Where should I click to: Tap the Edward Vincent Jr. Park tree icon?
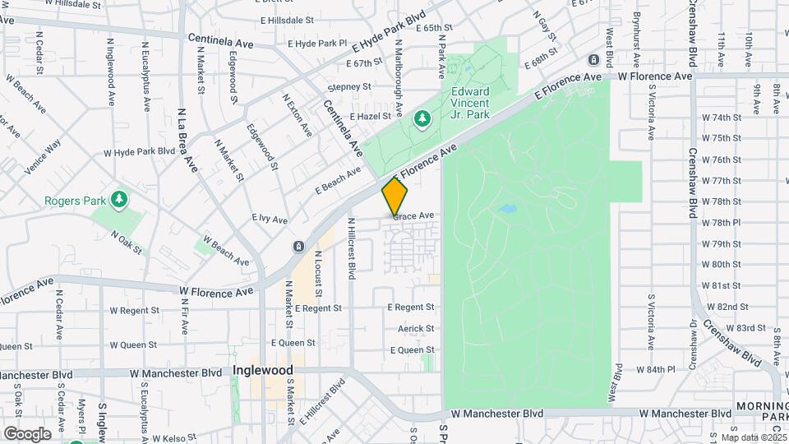click(x=423, y=120)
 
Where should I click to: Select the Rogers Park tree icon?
click(x=119, y=199)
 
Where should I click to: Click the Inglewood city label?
click(x=263, y=371)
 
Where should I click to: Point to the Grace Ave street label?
click(x=413, y=216)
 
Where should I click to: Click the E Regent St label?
click(x=411, y=308)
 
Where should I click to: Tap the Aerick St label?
click(x=416, y=329)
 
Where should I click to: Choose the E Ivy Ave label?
click(x=270, y=220)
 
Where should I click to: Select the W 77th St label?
click(x=722, y=181)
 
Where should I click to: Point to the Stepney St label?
click(x=349, y=86)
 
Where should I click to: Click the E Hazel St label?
click(x=373, y=118)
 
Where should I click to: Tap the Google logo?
click(x=26, y=433)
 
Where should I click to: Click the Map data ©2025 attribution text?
click(x=754, y=437)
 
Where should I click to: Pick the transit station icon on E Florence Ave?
click(x=593, y=60)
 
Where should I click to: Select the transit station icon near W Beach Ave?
click(x=298, y=247)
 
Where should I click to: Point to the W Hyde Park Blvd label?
click(x=140, y=152)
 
